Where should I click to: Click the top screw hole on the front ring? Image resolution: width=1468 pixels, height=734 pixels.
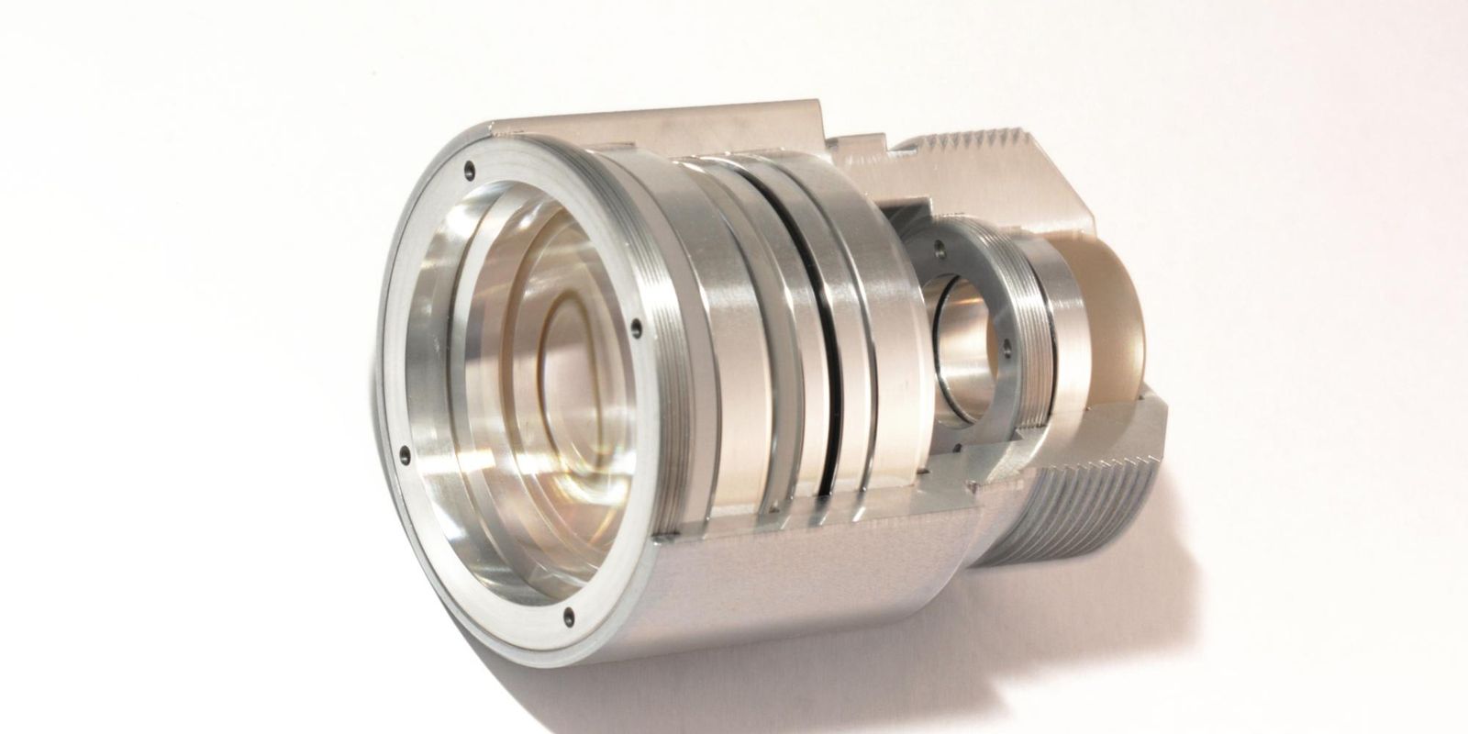pos(470,169)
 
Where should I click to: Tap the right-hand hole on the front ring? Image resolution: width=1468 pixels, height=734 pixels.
pos(635,325)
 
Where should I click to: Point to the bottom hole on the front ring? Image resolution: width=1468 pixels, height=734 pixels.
pos(569,617)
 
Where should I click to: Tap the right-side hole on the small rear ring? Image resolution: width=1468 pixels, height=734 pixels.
pos(1006,349)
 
